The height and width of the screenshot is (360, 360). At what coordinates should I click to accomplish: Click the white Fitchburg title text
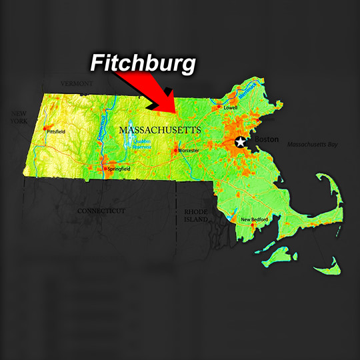143,64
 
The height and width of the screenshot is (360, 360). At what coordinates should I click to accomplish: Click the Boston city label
266,139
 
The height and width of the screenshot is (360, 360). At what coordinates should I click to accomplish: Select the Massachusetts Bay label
312,144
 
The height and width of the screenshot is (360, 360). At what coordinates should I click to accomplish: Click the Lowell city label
231,107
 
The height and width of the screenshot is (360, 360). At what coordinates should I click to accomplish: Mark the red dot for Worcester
175,150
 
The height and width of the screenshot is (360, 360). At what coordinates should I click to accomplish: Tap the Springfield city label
117,170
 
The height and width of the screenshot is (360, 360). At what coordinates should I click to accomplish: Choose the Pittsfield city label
57,132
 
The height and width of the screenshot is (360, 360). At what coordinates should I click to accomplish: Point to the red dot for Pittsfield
45,128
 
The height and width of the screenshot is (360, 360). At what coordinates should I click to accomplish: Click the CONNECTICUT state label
101,211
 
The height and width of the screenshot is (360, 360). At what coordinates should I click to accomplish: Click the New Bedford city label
254,219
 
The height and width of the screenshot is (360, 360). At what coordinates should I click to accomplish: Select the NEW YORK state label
19,118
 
